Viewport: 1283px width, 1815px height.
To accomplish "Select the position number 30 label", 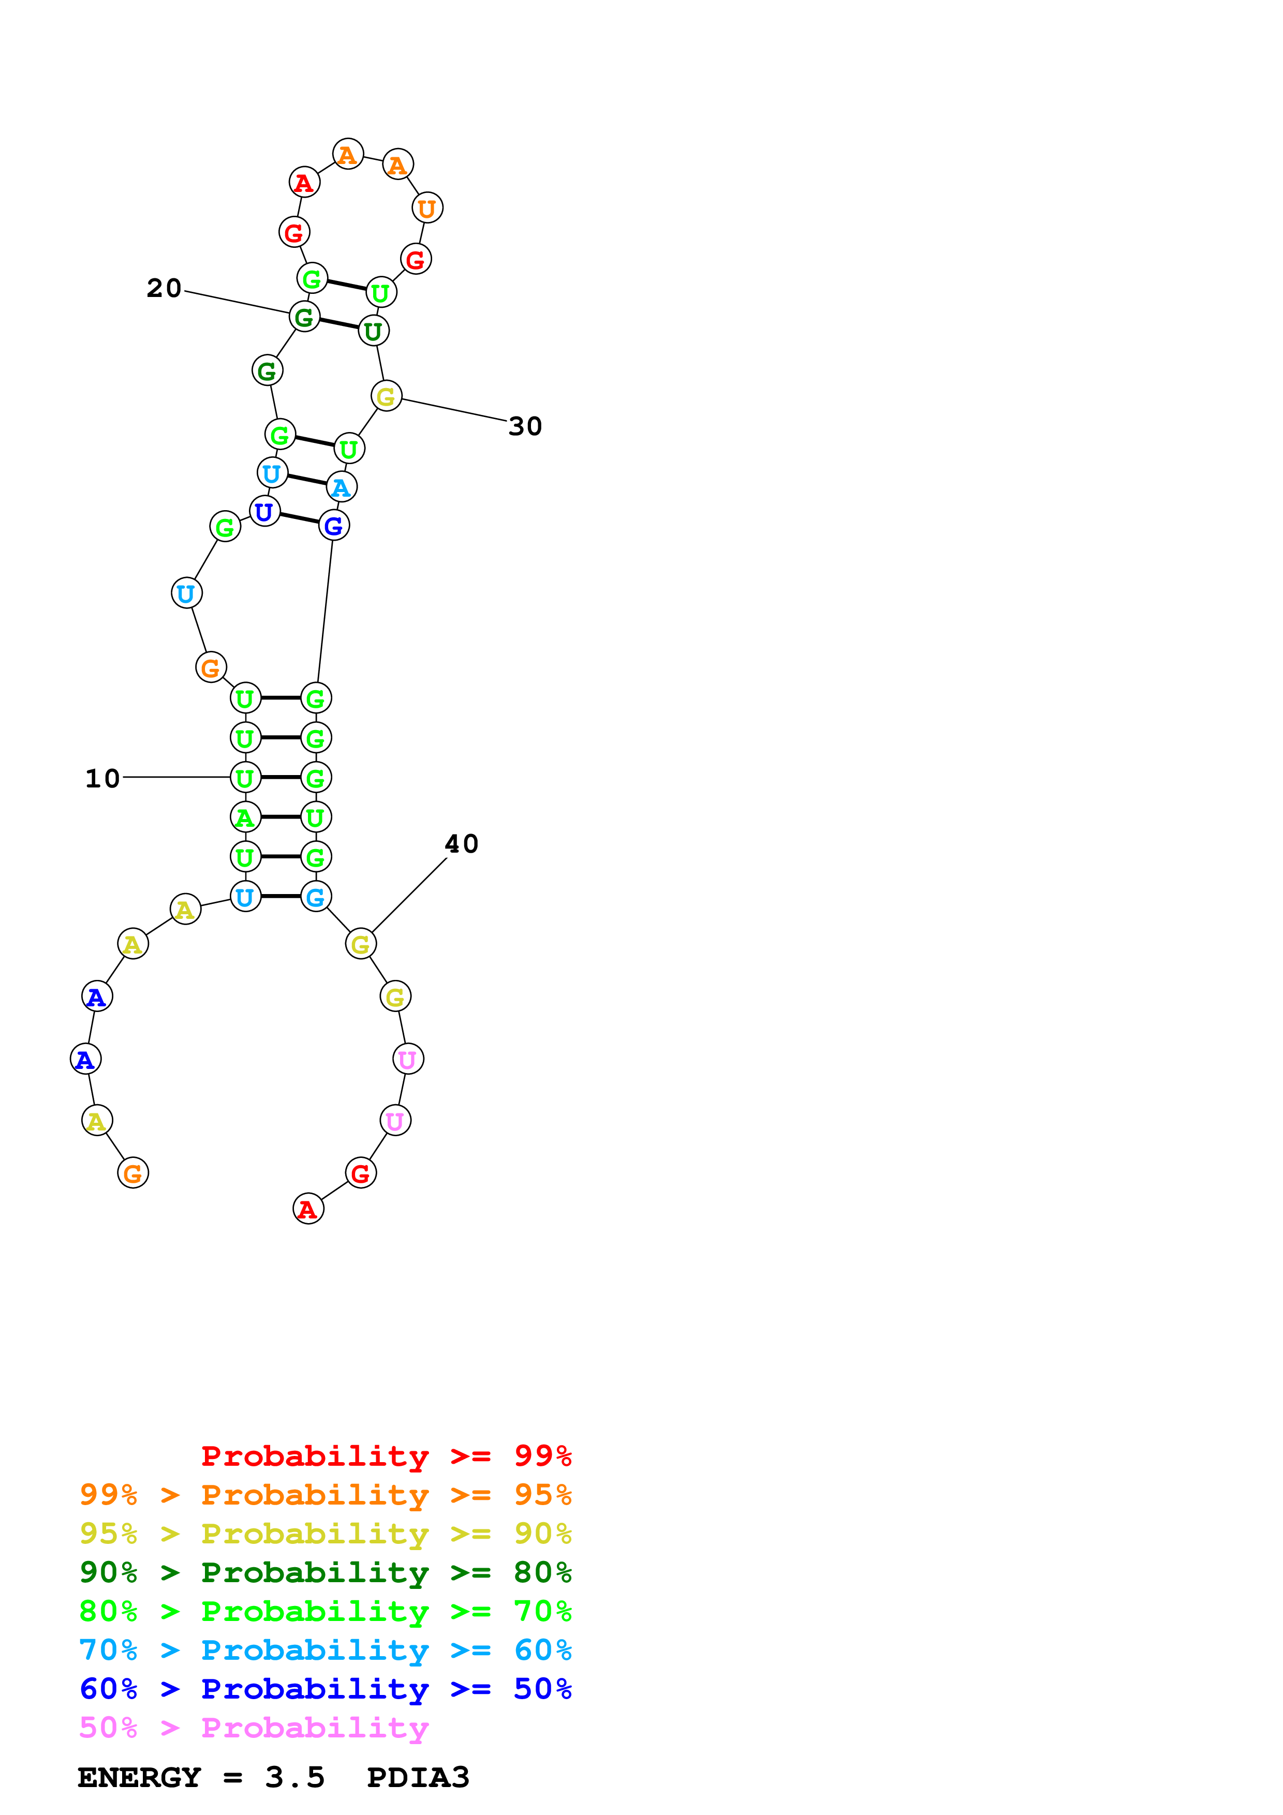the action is (525, 427).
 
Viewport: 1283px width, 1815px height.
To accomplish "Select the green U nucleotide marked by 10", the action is (245, 778).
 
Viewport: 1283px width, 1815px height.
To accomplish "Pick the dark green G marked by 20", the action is (304, 318).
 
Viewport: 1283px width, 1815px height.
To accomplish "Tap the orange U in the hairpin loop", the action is (427, 209).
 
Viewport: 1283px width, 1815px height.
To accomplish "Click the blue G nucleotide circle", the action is (334, 526).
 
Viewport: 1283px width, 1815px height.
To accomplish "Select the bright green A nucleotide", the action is (245, 817).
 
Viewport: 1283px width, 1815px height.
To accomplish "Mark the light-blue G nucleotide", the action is (315, 897).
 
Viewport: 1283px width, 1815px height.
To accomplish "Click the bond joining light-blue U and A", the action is (307, 479).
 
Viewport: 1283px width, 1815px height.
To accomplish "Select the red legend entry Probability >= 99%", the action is (386, 1456).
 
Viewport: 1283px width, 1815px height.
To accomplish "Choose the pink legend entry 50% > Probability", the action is (254, 1728).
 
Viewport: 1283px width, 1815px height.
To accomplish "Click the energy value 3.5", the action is (295, 1778).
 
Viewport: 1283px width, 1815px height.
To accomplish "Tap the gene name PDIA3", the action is (418, 1778).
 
